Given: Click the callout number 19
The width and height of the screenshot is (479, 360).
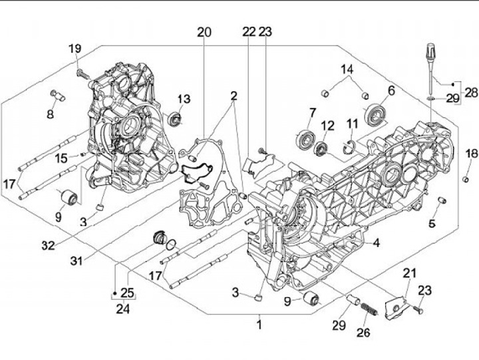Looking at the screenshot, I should coord(75,48).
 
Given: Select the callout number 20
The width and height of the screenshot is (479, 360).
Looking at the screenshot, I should coord(204,32).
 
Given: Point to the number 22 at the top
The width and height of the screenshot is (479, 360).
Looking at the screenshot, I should coord(249,32).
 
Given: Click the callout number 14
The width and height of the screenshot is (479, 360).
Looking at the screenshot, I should coord(348,70).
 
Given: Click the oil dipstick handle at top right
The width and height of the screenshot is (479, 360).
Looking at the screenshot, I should coord(429,51).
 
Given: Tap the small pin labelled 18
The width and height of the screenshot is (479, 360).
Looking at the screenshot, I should coord(466,177).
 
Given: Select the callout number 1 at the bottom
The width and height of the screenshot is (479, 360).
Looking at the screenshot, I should coord(259,325).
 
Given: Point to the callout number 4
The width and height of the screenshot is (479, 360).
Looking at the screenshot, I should coord(377,243).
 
